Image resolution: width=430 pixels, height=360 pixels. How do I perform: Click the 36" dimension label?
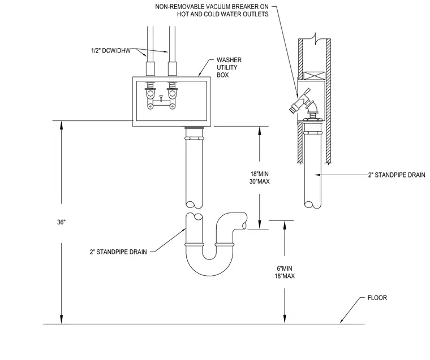61,222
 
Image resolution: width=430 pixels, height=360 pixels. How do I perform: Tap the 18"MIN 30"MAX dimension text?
260,177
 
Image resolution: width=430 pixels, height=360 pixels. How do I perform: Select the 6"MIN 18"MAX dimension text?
285,272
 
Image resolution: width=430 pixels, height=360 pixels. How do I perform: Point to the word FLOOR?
377,298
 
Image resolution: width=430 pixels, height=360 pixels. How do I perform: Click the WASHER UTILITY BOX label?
229,67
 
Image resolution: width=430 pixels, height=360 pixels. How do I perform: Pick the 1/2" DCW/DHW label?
111,51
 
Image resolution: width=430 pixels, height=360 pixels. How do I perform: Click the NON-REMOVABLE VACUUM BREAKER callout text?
212,10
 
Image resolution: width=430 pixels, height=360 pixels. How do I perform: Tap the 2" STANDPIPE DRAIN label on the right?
397,175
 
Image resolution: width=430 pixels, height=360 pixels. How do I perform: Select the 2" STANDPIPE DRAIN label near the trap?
118,252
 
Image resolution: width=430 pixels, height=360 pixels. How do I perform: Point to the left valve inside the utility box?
150,95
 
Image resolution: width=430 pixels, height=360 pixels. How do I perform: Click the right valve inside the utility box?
172,95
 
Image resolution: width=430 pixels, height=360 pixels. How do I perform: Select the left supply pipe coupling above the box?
150,69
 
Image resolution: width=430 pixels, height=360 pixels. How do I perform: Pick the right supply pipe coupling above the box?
172,69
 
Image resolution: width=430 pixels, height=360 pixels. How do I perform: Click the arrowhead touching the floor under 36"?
62,319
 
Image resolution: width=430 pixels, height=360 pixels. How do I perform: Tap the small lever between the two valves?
161,97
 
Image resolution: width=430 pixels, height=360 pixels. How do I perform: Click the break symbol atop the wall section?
315,38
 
